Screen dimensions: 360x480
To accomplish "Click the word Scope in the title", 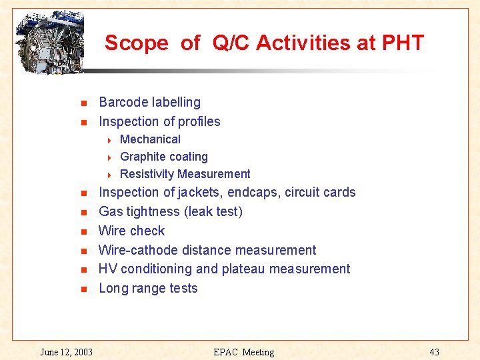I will (136, 43).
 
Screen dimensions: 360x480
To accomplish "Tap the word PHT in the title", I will (403, 43).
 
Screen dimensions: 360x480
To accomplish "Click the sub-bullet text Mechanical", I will (150, 139).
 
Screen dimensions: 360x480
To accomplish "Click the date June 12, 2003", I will (66, 351).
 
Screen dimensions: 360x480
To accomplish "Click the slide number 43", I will (434, 351).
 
